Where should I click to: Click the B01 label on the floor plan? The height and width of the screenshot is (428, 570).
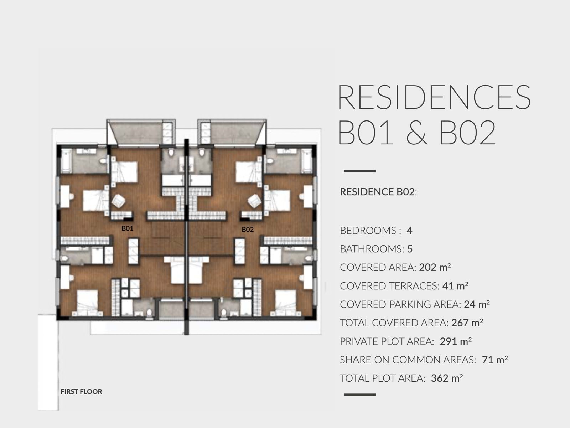pyautogui.click(x=128, y=228)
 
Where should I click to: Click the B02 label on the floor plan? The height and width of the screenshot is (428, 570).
pyautogui.click(x=248, y=229)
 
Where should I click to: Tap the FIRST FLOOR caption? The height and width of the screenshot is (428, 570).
pyautogui.click(x=81, y=391)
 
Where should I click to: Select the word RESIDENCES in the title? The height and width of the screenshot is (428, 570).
pyautogui.click(x=434, y=97)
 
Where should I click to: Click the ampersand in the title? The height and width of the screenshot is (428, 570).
pyautogui.click(x=417, y=132)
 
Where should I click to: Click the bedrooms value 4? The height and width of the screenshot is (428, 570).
pyautogui.click(x=409, y=230)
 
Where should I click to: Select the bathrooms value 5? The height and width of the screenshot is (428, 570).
pyautogui.click(x=410, y=249)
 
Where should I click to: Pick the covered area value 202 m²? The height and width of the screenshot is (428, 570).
pyautogui.click(x=435, y=267)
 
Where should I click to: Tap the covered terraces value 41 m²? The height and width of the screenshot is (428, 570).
pyautogui.click(x=455, y=286)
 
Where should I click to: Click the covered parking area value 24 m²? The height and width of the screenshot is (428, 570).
pyautogui.click(x=477, y=304)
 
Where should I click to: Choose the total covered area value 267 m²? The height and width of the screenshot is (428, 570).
pyautogui.click(x=467, y=323)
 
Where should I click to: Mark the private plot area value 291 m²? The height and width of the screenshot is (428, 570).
pyautogui.click(x=456, y=341)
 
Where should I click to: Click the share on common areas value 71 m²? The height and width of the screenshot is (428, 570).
pyautogui.click(x=495, y=360)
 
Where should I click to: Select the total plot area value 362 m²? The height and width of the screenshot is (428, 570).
pyautogui.click(x=447, y=378)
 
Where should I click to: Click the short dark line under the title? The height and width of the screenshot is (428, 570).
pyautogui.click(x=360, y=171)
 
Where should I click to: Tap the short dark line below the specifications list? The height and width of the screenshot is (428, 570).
pyautogui.click(x=360, y=395)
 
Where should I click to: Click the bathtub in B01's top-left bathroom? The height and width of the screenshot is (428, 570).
pyautogui.click(x=66, y=161)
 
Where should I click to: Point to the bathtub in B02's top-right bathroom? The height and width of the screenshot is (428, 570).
pyautogui.click(x=307, y=161)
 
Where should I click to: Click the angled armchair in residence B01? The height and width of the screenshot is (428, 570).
pyautogui.click(x=119, y=201)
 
